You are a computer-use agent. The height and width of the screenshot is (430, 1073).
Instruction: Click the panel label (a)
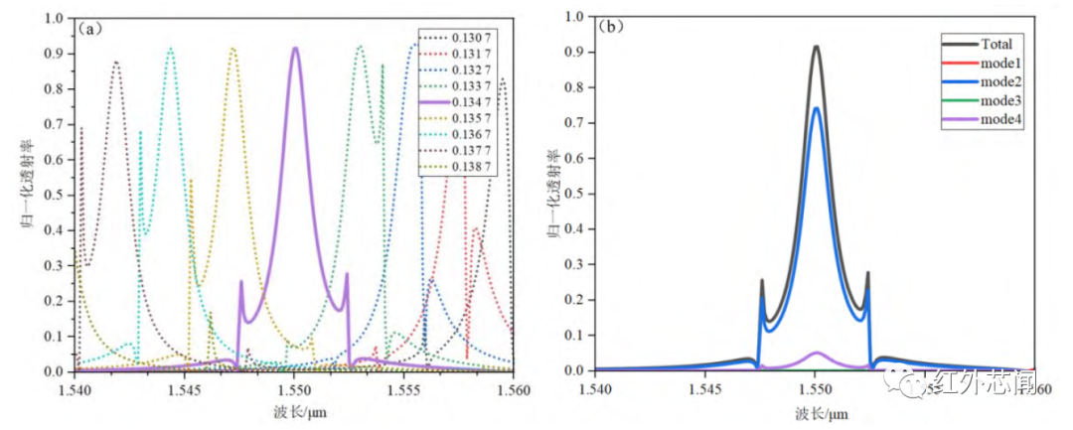click(x=92, y=28)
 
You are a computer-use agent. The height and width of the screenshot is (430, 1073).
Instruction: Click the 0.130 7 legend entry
click(x=464, y=39)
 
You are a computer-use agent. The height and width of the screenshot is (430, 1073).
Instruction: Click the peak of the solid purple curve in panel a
click(x=295, y=48)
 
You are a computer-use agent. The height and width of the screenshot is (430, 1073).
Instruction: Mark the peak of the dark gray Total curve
click(x=816, y=47)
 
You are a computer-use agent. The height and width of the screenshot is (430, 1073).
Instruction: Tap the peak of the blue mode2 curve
click(x=816, y=108)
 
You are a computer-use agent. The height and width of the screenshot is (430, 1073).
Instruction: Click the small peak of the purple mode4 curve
click(x=816, y=353)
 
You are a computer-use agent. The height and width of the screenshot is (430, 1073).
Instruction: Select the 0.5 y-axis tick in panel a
click(x=58, y=195)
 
